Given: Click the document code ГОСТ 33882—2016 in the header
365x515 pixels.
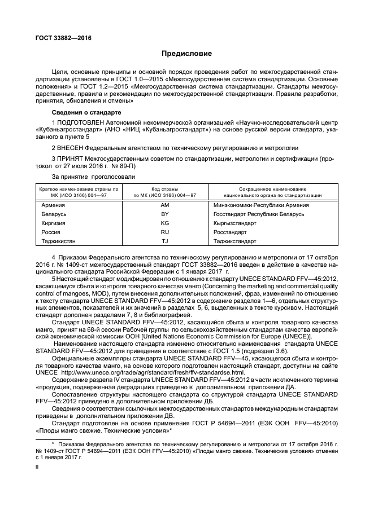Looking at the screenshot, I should pyautogui.click(x=63, y=38).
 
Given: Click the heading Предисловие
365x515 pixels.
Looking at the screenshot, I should pyautogui.click(x=186, y=54).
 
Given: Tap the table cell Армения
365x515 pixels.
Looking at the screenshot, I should pyautogui.click(x=54, y=205).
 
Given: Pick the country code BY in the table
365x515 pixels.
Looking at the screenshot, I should pyautogui.click(x=165, y=214).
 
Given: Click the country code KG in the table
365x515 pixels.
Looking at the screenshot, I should pyautogui.click(x=165, y=223).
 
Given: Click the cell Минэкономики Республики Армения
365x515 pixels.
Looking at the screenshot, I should pyautogui.click(x=260, y=205).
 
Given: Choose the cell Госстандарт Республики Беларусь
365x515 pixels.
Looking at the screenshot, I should pyautogui.click(x=259, y=214).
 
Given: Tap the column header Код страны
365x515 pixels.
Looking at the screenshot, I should pyautogui.click(x=165, y=188).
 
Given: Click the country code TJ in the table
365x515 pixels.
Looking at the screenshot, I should pyautogui.click(x=165, y=241).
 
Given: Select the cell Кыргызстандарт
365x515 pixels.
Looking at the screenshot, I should pyautogui.click(x=234, y=223).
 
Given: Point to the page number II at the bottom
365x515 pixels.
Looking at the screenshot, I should pyautogui.click(x=37, y=467).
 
